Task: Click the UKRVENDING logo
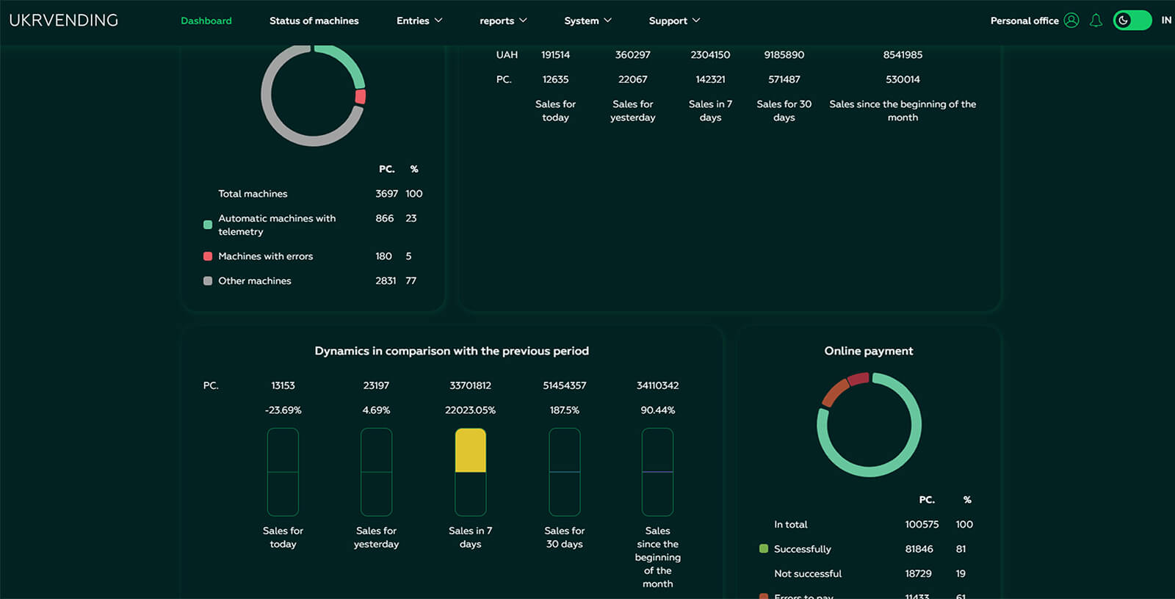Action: pyautogui.click(x=63, y=21)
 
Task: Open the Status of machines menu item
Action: pyautogui.click(x=314, y=21)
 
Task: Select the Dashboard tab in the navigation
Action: pyautogui.click(x=206, y=21)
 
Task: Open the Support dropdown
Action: pyautogui.click(x=674, y=21)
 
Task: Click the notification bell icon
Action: pyautogui.click(x=1096, y=21)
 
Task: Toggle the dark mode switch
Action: pyautogui.click(x=1132, y=21)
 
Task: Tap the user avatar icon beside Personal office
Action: pyautogui.click(x=1071, y=21)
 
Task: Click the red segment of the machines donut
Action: pyautogui.click(x=361, y=96)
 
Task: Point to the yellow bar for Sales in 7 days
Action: pyautogui.click(x=471, y=450)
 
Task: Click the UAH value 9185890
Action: pyautogui.click(x=784, y=54)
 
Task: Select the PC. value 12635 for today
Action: pyautogui.click(x=555, y=79)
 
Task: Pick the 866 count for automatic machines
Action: pyautogui.click(x=385, y=218)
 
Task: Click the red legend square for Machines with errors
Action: pyautogui.click(x=208, y=256)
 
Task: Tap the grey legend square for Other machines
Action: pyautogui.click(x=208, y=280)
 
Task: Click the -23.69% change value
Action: pyautogui.click(x=283, y=410)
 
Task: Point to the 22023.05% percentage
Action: pyautogui.click(x=470, y=410)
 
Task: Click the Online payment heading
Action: pyautogui.click(x=869, y=351)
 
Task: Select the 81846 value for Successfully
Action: pyautogui.click(x=919, y=548)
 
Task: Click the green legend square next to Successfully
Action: pyautogui.click(x=764, y=548)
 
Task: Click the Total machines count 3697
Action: pyautogui.click(x=386, y=194)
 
